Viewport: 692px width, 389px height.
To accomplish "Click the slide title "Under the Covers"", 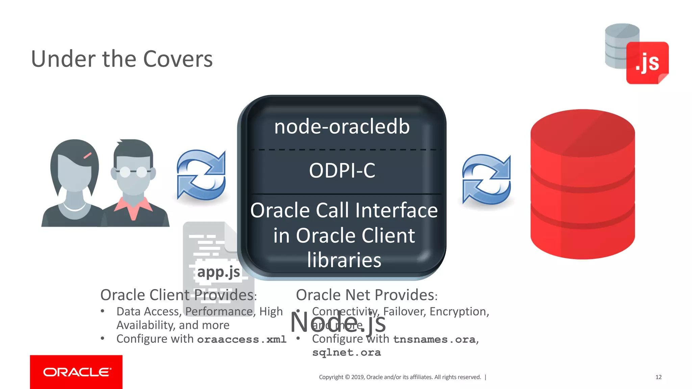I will tap(122, 59).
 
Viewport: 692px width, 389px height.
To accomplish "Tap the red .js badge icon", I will tap(647, 63).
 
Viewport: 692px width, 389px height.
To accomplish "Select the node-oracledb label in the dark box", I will tap(342, 127).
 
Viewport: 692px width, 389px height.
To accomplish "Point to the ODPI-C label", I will tap(342, 170).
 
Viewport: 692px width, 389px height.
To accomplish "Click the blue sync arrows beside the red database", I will tap(486, 179).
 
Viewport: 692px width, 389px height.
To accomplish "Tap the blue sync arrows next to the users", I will tap(201, 175).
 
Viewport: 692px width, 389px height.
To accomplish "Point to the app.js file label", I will tap(219, 272).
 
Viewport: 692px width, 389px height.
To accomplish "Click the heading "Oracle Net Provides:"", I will tap(367, 295).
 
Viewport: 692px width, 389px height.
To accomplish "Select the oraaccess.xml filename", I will tap(242, 339).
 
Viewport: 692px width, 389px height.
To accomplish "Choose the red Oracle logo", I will tap(76, 372).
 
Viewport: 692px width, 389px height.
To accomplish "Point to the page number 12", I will tap(658, 377).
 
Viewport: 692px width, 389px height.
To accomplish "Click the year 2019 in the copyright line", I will tap(357, 377).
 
